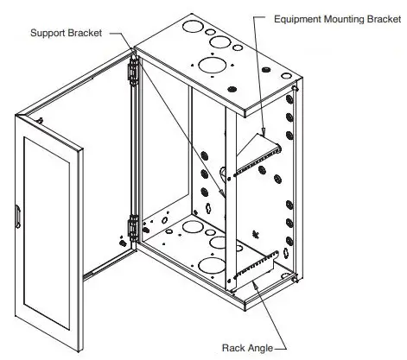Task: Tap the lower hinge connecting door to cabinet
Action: coord(132,228)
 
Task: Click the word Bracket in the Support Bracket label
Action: coord(86,33)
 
